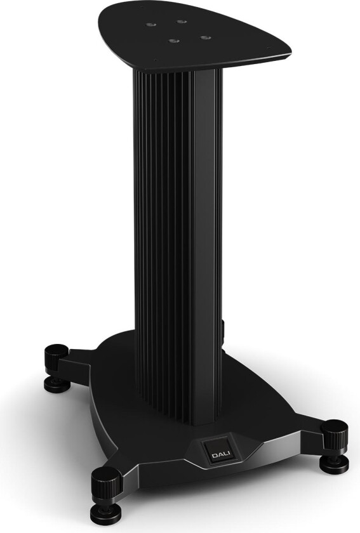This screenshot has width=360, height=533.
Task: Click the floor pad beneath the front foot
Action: click(x=107, y=516)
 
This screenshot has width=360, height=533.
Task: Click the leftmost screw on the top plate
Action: click(x=150, y=25)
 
